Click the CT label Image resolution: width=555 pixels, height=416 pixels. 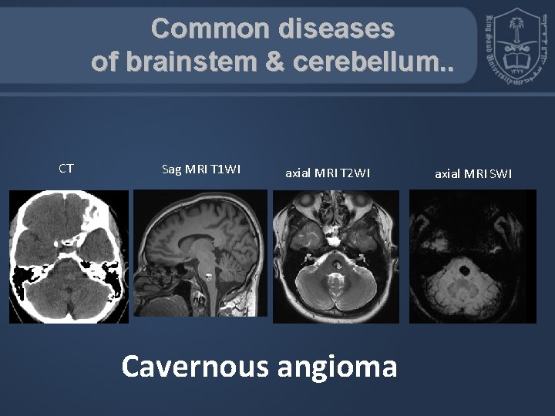pos(66,167)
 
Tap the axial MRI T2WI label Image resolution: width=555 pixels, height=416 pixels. pos(328,173)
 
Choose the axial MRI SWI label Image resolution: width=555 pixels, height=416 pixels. pos(473,173)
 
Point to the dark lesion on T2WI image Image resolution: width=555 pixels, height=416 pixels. pos(337,267)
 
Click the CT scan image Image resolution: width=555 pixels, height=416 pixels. pos(69,256)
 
